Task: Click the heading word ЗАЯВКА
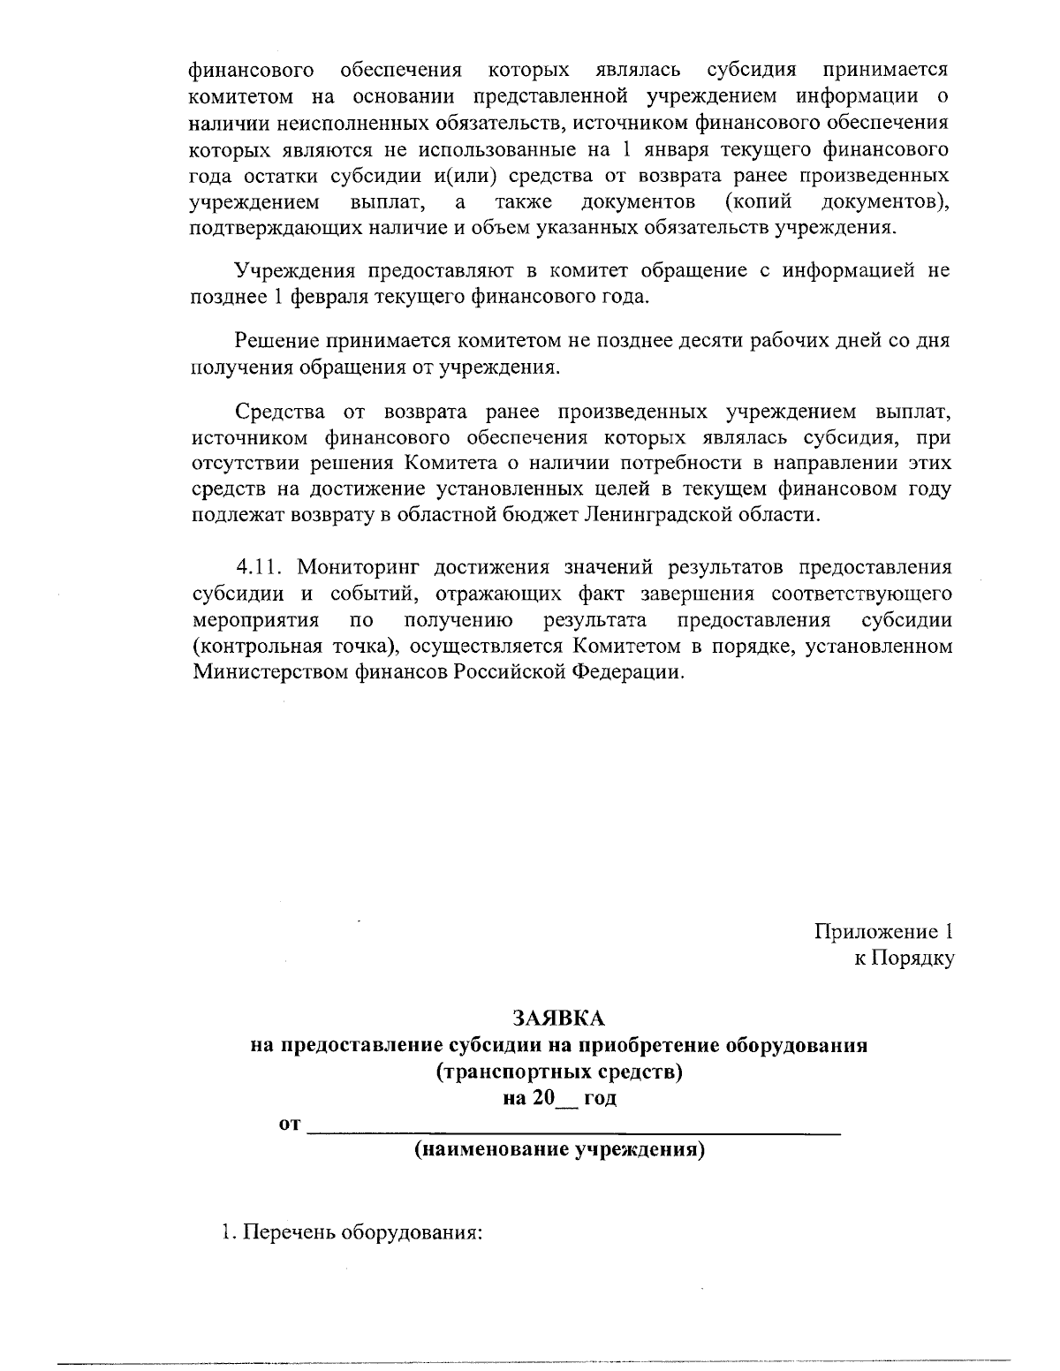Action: point(558,1019)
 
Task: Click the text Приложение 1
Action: point(882,931)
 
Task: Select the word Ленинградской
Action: point(660,514)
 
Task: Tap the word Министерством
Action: point(270,671)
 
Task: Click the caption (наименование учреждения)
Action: point(559,1151)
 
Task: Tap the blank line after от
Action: point(572,1125)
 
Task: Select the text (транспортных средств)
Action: point(559,1072)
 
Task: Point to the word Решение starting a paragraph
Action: point(276,341)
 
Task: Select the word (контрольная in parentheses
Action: point(252,646)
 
